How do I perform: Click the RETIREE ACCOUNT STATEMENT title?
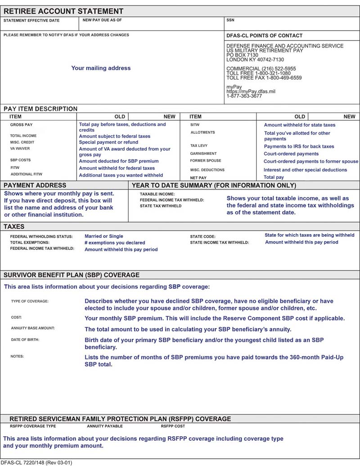point(63,11)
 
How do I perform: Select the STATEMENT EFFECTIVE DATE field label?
point(31,21)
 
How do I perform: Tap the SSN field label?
point(230,20)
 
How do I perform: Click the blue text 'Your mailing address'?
point(101,68)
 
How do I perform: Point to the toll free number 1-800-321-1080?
point(258,73)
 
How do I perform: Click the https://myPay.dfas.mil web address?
point(251,91)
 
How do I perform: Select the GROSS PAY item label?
point(21,125)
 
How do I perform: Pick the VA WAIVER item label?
point(20,149)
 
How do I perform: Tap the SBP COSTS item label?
point(20,160)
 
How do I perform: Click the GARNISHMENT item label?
point(203,154)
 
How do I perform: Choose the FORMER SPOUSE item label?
point(206,161)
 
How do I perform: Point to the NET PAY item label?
point(198,178)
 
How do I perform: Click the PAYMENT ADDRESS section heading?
point(35,185)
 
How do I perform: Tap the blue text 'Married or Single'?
point(103,236)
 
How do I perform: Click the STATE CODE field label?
point(203,236)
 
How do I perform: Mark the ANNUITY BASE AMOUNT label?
point(33,328)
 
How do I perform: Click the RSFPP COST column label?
point(173,426)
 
